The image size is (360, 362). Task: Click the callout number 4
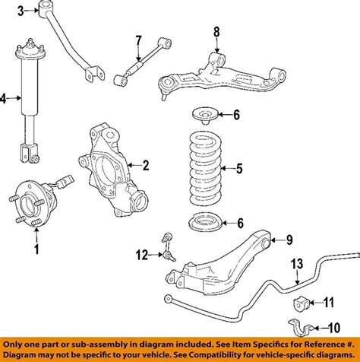5,98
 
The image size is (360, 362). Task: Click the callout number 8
216,32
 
